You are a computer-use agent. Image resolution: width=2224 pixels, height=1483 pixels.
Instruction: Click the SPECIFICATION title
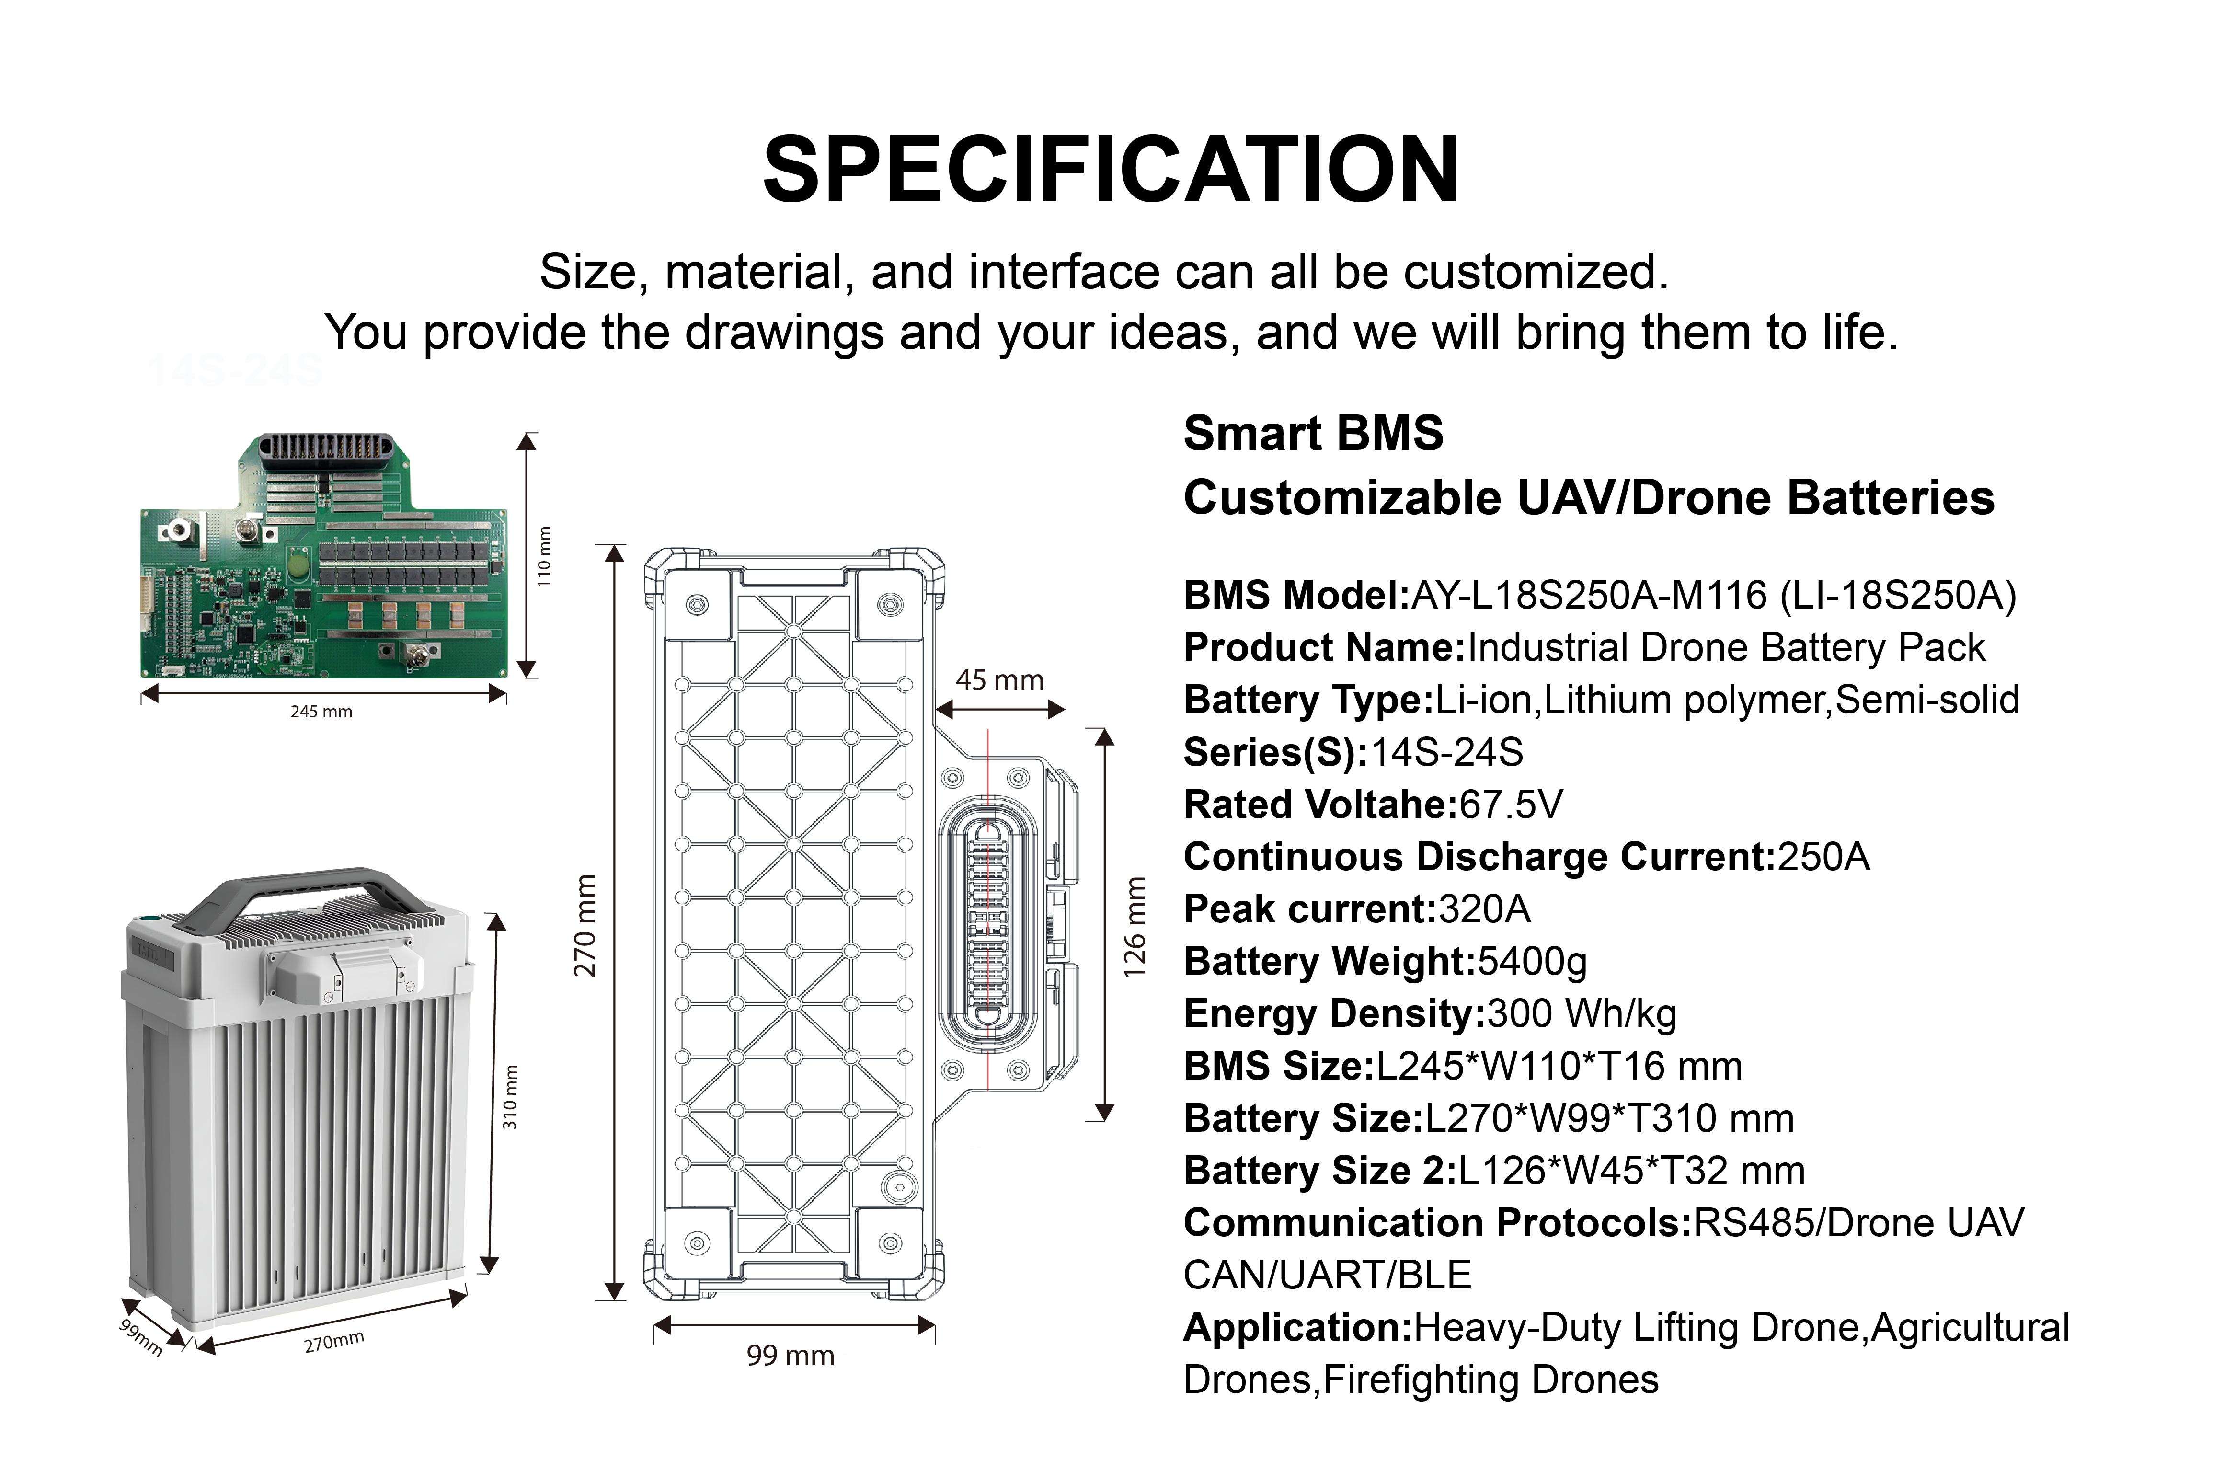[1111, 170]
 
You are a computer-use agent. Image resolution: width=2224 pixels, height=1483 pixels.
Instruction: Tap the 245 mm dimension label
[321, 711]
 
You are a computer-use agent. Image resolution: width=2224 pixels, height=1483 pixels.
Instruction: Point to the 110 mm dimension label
[544, 556]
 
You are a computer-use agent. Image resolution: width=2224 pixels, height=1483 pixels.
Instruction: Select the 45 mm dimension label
[999, 680]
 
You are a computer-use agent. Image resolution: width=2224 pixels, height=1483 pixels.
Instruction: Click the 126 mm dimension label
[1135, 927]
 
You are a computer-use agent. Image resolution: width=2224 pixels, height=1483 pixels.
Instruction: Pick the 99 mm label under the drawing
[791, 1356]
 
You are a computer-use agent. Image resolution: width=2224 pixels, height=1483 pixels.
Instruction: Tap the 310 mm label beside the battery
[511, 1097]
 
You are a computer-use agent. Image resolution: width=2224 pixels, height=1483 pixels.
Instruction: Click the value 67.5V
[1511, 805]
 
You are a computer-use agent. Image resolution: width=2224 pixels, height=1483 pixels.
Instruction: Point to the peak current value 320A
[1484, 909]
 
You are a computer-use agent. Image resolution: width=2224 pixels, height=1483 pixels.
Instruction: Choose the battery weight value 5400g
[1532, 962]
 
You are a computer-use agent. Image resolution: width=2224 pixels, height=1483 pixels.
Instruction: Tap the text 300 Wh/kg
[1582, 1014]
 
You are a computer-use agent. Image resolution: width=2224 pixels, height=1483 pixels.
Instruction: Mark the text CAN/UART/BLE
[1327, 1275]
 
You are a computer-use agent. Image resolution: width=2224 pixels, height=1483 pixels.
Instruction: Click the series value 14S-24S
[1447, 753]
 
